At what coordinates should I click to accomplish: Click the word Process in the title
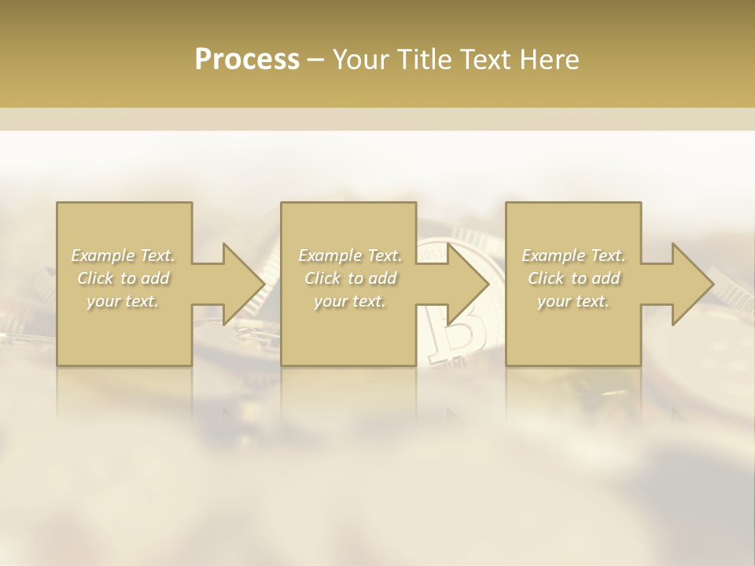tap(247, 60)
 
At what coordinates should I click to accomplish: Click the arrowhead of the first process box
tap(241, 284)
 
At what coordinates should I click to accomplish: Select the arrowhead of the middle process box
tap(466, 284)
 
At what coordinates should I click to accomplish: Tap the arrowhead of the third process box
tap(691, 284)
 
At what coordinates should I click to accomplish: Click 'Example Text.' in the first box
tap(123, 255)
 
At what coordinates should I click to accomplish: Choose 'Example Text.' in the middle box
tap(350, 255)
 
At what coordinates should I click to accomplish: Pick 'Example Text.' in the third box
tap(573, 255)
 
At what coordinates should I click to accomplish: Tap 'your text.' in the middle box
tap(350, 301)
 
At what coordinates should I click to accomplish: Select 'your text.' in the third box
tap(573, 301)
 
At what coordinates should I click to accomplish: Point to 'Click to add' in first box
tap(123, 278)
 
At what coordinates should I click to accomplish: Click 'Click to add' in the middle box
tap(350, 278)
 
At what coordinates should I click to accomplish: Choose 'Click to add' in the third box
tap(573, 278)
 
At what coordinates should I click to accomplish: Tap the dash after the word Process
tap(316, 60)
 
